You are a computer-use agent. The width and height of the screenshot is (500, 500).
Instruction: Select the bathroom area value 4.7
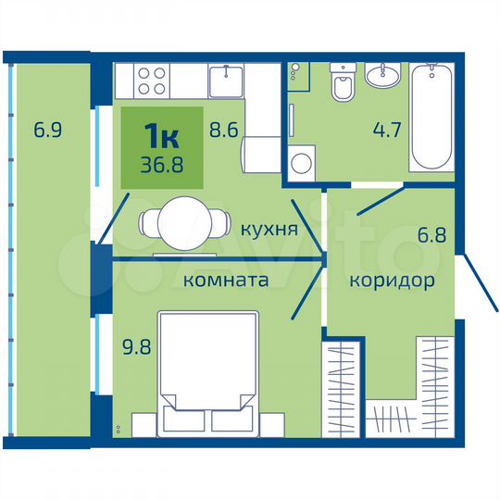[383, 131]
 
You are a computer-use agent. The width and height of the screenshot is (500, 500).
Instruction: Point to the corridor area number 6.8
[431, 235]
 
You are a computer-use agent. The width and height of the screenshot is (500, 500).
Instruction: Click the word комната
[225, 280]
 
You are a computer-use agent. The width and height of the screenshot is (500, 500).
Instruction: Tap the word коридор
[389, 281]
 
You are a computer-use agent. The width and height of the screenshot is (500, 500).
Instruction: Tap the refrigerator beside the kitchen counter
[262, 153]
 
